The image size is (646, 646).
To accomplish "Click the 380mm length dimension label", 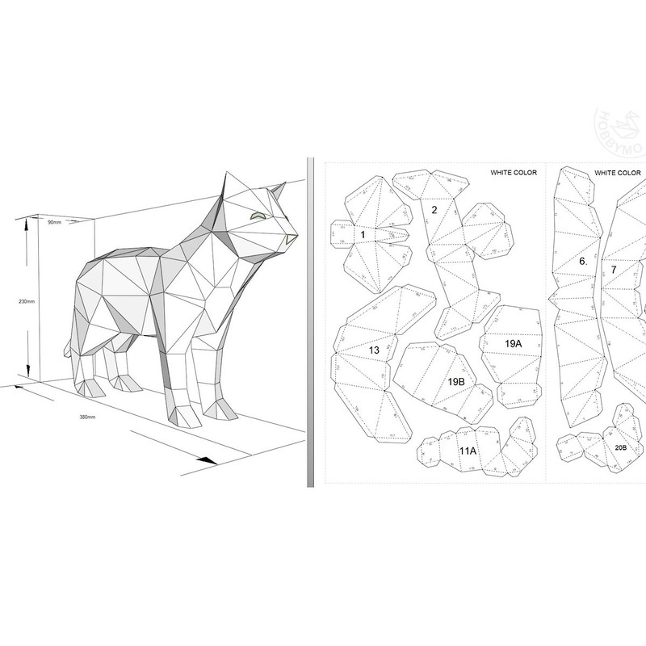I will click(x=86, y=417).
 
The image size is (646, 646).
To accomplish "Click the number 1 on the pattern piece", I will click(x=363, y=234).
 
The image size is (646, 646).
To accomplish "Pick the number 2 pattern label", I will click(x=434, y=210).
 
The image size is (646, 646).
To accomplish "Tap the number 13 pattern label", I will click(x=374, y=350).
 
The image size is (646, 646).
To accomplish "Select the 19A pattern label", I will click(x=513, y=343).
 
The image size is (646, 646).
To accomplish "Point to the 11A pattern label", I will click(x=468, y=451).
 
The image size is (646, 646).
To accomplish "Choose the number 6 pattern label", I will click(x=583, y=262).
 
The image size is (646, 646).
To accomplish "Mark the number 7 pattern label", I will click(x=614, y=269).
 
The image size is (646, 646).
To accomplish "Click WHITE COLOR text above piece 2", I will click(x=514, y=173).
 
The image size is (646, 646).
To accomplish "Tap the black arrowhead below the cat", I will click(x=208, y=460).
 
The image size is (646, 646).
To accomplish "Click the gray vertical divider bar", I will click(x=310, y=323).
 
